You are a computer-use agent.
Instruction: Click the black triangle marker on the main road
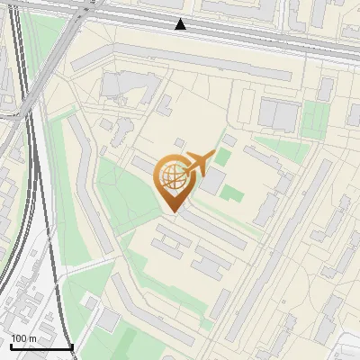click(x=181, y=24)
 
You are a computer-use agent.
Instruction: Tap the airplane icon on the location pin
click(x=199, y=163)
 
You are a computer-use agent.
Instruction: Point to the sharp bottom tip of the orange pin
click(x=173, y=211)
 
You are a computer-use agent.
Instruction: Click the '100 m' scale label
click(x=23, y=338)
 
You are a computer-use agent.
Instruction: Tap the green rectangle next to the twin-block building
click(x=315, y=119)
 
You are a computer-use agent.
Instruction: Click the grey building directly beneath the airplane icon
click(x=214, y=182)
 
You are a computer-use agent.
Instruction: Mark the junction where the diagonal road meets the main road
click(x=84, y=13)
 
